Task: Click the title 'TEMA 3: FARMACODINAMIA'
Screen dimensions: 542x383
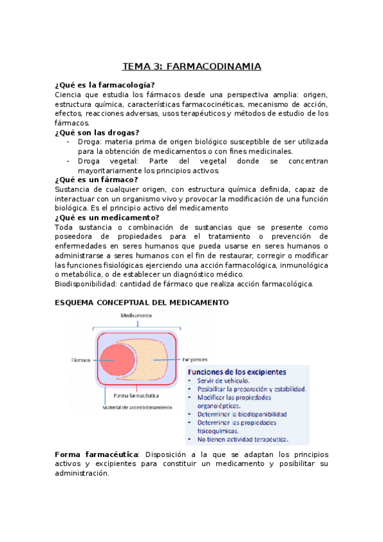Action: [192, 66]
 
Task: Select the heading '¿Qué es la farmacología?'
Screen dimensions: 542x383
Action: [105, 85]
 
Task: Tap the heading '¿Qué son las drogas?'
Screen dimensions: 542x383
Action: [97, 132]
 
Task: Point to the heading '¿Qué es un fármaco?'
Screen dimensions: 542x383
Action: [97, 180]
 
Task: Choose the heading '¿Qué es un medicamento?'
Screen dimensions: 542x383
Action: [107, 217]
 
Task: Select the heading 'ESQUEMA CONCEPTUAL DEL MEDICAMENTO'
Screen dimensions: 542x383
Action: [141, 302]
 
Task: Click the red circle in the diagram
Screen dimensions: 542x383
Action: [117, 359]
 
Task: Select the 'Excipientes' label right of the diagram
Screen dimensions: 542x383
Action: [196, 359]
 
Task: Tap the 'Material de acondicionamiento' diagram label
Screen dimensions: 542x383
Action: [134, 407]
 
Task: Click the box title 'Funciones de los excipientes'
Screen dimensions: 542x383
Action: [237, 372]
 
